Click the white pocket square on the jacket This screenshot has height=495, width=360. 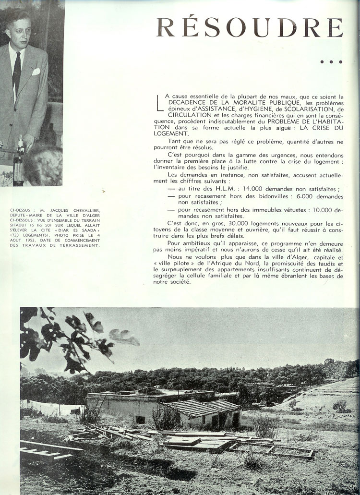click(x=36, y=72)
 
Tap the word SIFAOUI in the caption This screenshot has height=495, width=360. click(x=20, y=225)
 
